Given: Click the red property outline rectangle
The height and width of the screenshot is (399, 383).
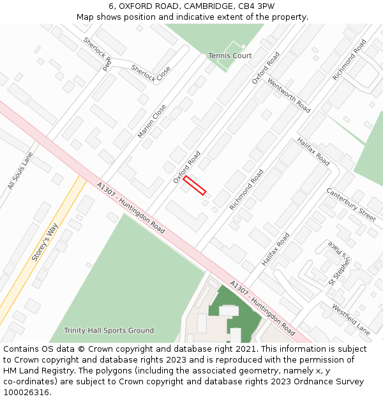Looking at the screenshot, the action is coord(195,185).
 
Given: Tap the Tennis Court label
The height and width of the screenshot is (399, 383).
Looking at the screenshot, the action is coord(230,56).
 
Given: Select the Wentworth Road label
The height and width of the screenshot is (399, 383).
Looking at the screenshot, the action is coord(289,96).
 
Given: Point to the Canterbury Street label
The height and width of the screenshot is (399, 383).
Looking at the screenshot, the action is coord(351,204).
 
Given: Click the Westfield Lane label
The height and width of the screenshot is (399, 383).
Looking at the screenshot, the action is coord(350,319).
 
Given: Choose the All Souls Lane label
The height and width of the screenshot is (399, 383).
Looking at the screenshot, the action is coord(20,170).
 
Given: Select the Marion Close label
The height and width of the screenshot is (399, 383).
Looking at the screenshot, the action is coord(152,121).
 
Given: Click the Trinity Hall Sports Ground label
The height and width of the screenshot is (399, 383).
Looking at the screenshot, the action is coord(109,331).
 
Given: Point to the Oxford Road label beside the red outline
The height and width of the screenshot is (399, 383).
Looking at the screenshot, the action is coord(187,167).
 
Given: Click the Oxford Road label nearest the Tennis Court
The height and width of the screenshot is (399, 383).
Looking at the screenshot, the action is coord(266,68).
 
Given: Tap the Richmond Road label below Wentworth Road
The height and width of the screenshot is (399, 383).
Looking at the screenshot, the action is coord(246,190).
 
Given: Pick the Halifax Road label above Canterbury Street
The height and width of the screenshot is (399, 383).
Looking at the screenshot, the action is coord(313,151).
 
